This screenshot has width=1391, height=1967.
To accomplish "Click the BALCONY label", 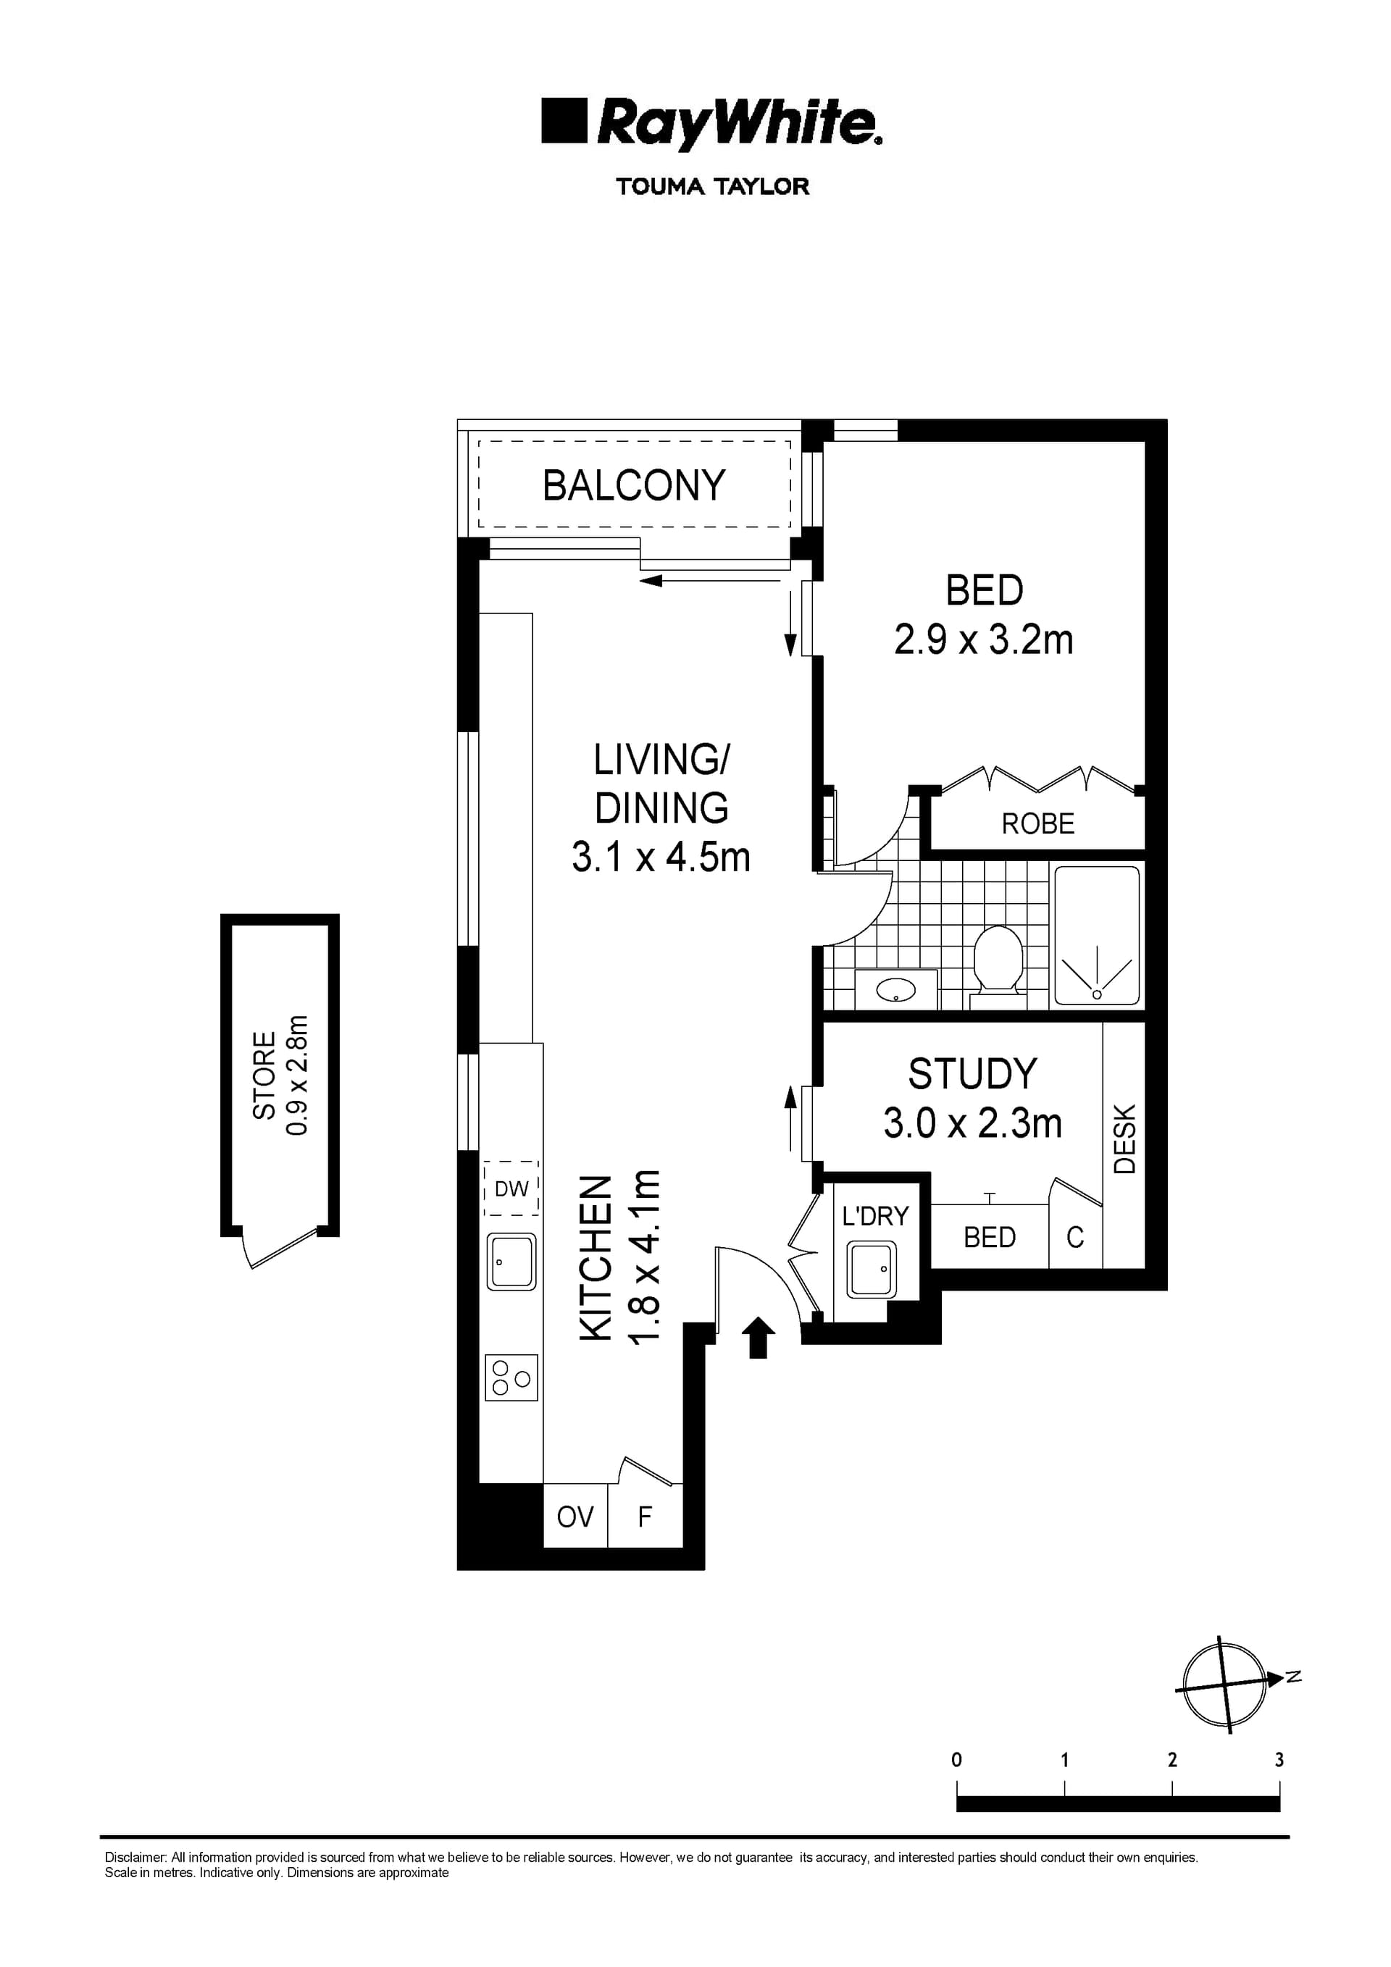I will click(x=633, y=485).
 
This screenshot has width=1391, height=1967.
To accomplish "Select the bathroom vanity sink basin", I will click(x=895, y=990).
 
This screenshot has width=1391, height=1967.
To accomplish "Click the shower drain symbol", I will click(x=1096, y=994).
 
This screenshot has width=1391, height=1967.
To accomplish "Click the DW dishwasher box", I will click(x=511, y=1189).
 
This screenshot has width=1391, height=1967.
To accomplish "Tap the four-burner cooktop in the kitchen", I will click(x=511, y=1377).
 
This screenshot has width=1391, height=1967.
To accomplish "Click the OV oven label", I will click(x=575, y=1517).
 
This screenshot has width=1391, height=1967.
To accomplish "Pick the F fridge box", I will click(x=646, y=1517).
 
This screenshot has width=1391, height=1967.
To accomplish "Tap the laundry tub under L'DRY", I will click(x=871, y=1269).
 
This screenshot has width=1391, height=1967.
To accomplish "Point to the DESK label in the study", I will click(x=1124, y=1138).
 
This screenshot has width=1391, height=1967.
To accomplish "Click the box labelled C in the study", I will click(x=1074, y=1237).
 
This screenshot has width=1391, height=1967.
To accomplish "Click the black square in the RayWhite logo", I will click(x=564, y=121).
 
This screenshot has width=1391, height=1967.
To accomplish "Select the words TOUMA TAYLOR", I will click(x=712, y=186).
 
